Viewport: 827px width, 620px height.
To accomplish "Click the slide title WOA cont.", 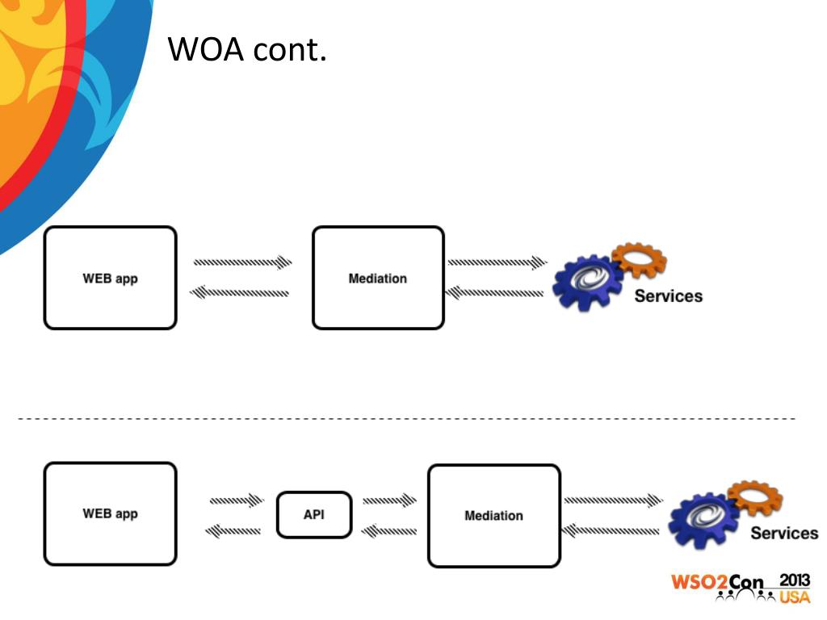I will click(x=247, y=50).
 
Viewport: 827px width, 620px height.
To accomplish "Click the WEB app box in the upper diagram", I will click(x=110, y=278).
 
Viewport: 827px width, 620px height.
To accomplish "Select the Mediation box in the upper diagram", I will click(x=378, y=278).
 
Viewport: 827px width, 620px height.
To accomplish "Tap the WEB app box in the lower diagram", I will click(x=110, y=513).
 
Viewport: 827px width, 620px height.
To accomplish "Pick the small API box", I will click(x=314, y=514).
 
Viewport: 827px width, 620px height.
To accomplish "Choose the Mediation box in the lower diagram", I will click(x=493, y=515).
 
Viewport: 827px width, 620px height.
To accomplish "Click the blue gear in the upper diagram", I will click(x=589, y=282).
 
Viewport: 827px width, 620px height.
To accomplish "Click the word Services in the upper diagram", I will click(x=668, y=296).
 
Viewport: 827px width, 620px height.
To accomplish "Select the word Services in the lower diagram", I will click(x=784, y=533).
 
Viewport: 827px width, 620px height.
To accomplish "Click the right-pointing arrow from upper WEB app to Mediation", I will click(x=242, y=262).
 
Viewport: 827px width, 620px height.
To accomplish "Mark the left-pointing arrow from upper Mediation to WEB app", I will click(x=240, y=292).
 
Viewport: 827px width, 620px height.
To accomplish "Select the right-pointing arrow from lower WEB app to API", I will click(x=237, y=501).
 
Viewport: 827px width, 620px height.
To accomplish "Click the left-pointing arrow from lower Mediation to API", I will click(x=388, y=530).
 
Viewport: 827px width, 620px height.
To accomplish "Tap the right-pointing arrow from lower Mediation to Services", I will click(x=613, y=501).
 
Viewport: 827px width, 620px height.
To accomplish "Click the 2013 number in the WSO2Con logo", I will click(x=795, y=580).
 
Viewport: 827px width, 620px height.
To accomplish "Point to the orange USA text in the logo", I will click(x=795, y=597).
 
